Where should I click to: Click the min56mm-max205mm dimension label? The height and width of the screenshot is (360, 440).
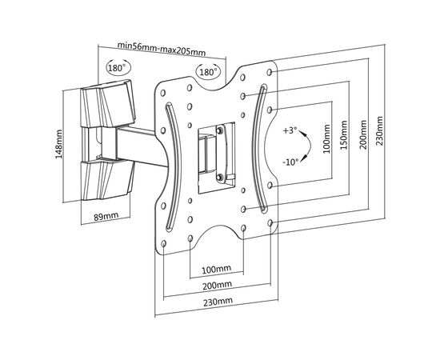click(x=161, y=49)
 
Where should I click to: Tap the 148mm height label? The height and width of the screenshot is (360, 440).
click(x=58, y=144)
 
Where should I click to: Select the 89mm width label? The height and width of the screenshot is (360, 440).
click(x=106, y=216)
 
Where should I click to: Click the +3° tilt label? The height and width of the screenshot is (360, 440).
click(x=290, y=130)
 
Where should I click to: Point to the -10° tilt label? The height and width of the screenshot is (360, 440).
click(x=290, y=162)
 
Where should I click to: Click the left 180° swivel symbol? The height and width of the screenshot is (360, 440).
click(x=118, y=68)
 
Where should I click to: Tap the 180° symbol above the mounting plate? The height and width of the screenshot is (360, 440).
click(x=209, y=72)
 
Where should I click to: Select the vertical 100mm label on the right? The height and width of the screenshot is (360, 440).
click(x=326, y=139)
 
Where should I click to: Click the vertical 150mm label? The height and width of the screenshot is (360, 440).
click(x=344, y=135)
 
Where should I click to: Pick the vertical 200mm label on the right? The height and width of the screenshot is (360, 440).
click(x=363, y=134)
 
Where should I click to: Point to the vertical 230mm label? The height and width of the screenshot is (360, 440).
click(x=379, y=130)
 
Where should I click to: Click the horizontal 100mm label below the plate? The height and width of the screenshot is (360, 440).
click(x=216, y=269)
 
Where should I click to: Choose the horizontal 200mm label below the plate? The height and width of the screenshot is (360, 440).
click(x=217, y=285)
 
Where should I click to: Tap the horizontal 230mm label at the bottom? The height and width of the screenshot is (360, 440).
click(x=218, y=302)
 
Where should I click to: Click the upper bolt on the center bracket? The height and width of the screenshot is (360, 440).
click(x=219, y=130)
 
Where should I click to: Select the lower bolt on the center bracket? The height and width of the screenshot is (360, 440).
click(x=220, y=177)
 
